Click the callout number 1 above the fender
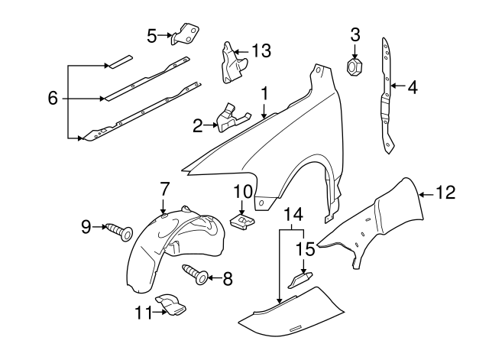point(264,95)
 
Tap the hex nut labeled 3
point(355,68)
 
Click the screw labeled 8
point(197,274)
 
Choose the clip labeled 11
point(170,306)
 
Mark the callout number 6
point(52,99)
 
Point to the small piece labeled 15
point(299,280)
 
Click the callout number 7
point(164,188)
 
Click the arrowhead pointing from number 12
point(423,194)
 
